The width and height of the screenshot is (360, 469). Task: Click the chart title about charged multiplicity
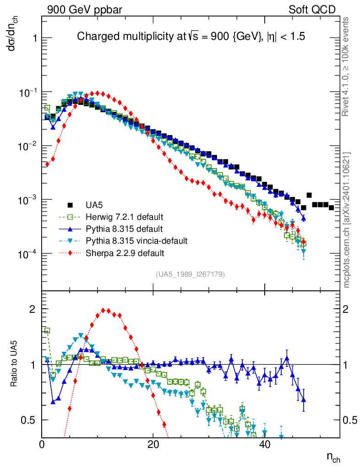click(191, 36)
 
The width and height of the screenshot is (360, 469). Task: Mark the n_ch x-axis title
click(333, 457)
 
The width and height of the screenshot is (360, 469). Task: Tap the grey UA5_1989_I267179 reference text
click(191, 274)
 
